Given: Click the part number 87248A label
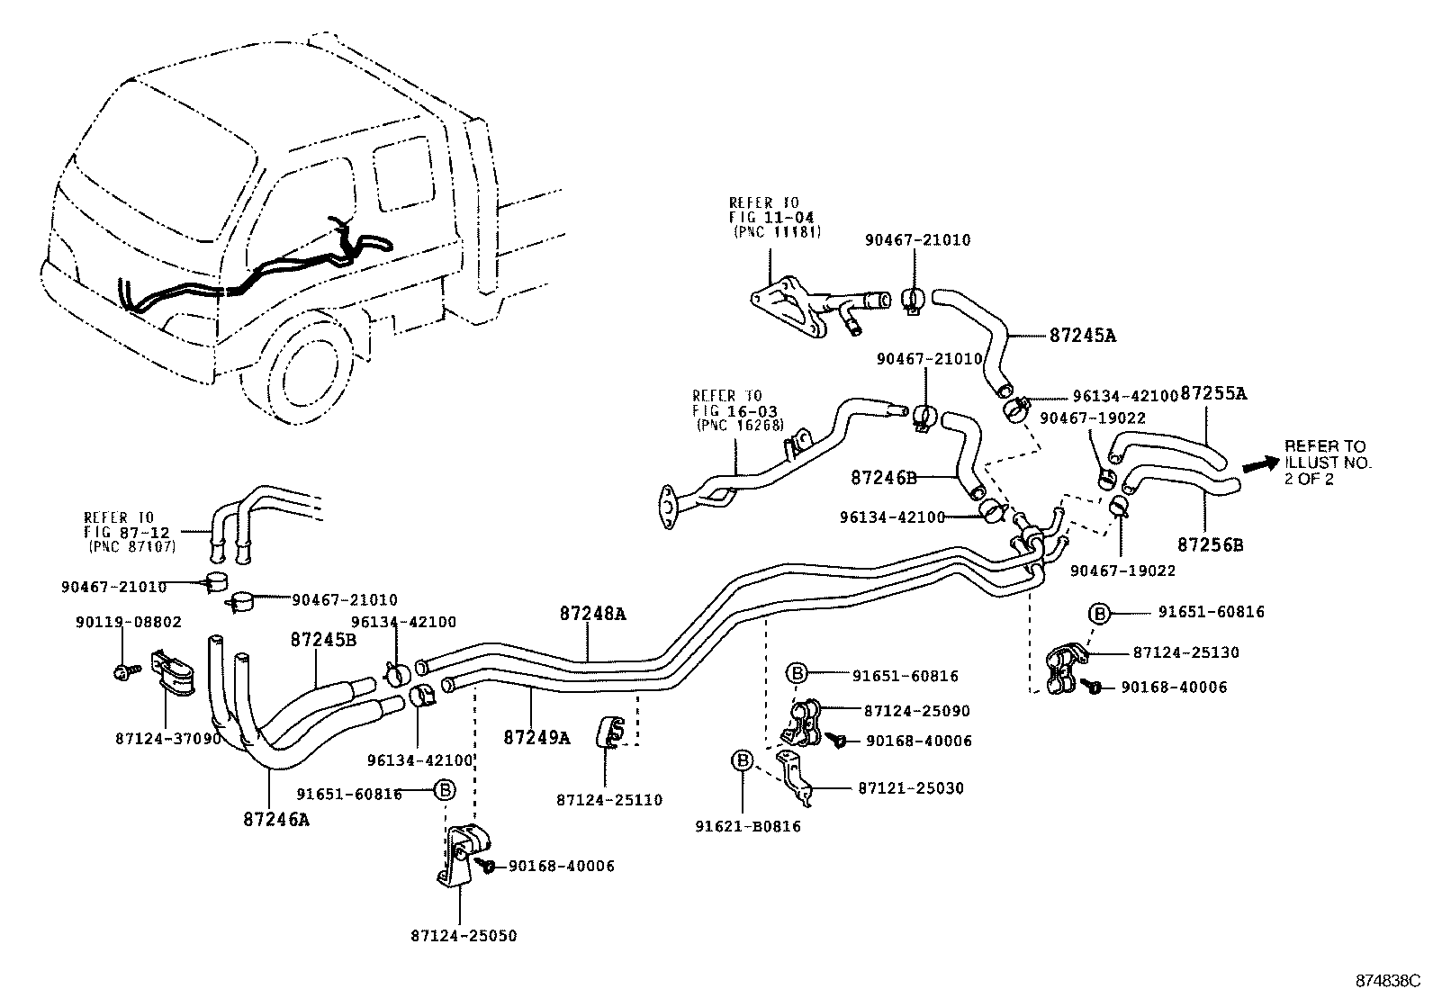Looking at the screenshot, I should [592, 614].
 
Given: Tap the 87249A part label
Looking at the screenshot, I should [536, 737].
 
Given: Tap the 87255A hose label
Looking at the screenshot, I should [1212, 393].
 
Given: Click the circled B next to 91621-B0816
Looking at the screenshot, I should [743, 761].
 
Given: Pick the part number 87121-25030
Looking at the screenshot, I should [910, 787].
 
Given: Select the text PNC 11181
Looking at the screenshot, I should [767, 230].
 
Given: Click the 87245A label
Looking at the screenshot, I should [1082, 336].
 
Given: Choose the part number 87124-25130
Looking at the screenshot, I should [1185, 652].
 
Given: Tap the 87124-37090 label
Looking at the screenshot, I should [167, 738].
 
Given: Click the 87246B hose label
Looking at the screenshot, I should [883, 478].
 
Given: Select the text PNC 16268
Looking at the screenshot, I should [739, 425].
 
